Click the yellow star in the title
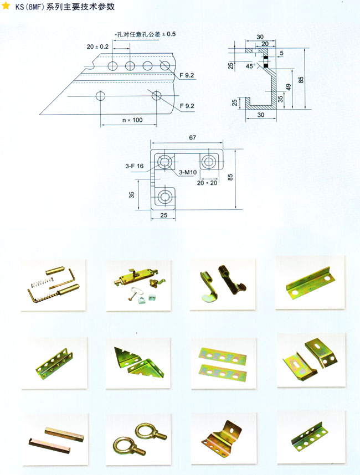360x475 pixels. (x=6, y=6)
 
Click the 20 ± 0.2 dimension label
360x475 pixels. (x=97, y=47)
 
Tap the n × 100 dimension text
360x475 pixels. (x=132, y=120)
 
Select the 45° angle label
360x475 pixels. (x=250, y=66)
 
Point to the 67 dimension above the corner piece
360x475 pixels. (x=192, y=137)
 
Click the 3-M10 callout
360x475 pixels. (x=188, y=172)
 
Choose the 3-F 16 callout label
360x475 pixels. (x=134, y=166)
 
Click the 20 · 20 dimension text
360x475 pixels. (x=207, y=183)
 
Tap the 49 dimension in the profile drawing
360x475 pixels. (x=288, y=87)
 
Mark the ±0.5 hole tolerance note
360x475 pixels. (x=145, y=34)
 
